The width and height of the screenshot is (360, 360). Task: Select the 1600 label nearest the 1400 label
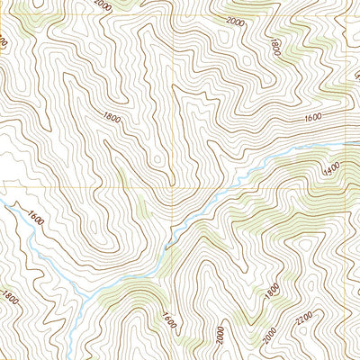tap(313, 117)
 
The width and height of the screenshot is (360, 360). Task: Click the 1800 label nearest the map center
tap(112, 117)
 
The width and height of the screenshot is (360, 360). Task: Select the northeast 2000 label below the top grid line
tap(236, 21)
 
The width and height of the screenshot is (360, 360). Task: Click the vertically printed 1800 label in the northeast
tap(274, 45)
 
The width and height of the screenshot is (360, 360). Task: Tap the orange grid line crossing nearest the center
tap(173, 188)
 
